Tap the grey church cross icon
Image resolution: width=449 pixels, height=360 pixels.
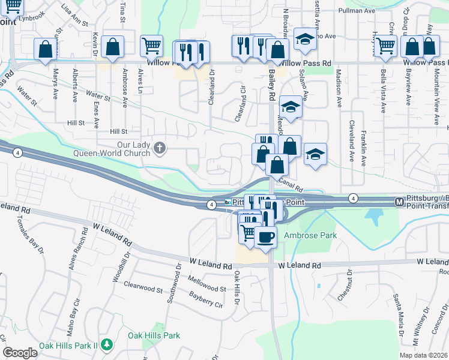coord(160,148)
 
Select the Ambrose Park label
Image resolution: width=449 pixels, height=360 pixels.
coord(310,236)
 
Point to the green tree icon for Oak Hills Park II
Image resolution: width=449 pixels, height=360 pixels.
coord(106,345)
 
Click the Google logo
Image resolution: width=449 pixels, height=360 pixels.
coord(20,353)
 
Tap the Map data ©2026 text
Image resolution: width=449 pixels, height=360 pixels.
coord(423,355)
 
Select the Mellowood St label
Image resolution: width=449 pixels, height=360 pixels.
coord(206,284)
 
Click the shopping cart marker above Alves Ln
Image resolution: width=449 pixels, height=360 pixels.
coord(151,46)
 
